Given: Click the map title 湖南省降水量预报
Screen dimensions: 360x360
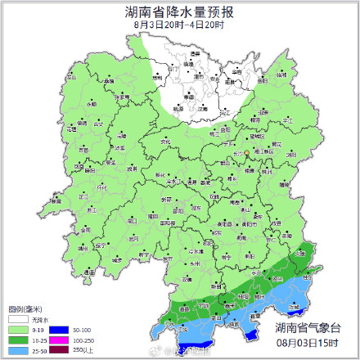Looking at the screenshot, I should (x=179, y=12).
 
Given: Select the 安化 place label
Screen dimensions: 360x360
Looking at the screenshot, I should (x=166, y=143).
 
